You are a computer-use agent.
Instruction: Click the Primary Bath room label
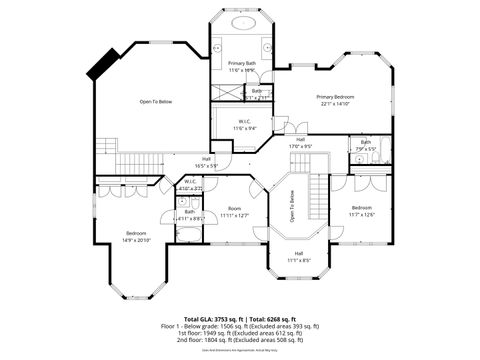pyautogui.click(x=242, y=63)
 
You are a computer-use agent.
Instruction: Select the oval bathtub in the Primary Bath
pyautogui.click(x=242, y=23)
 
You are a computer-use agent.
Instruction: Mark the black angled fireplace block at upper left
pyautogui.click(x=102, y=66)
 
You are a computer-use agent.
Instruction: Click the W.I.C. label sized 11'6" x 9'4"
pyautogui.click(x=244, y=123)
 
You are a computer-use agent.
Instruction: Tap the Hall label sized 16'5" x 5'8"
pyautogui.click(x=206, y=158)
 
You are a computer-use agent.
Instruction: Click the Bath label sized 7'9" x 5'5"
pyautogui.click(x=366, y=142)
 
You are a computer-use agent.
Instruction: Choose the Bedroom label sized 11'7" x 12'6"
pyautogui.click(x=361, y=207)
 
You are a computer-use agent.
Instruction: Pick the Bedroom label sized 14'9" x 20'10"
pyautogui.click(x=135, y=233)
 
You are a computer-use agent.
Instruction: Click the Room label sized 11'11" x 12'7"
pyautogui.click(x=235, y=208)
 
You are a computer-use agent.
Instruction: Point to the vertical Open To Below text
pyautogui.click(x=292, y=205)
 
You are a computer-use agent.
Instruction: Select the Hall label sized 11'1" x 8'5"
pyautogui.click(x=293, y=256)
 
